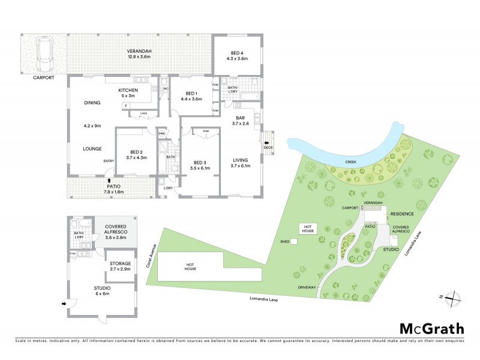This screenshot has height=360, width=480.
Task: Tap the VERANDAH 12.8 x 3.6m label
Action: point(139,55)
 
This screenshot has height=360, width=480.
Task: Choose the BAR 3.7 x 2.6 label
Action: point(240,120)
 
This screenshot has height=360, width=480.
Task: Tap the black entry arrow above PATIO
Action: point(109,179)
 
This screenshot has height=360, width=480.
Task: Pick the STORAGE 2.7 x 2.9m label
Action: point(120,267)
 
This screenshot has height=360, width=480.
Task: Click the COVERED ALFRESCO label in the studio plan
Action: point(118,232)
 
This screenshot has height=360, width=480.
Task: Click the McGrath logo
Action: point(432,328)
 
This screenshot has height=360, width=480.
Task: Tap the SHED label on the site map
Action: point(285,242)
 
